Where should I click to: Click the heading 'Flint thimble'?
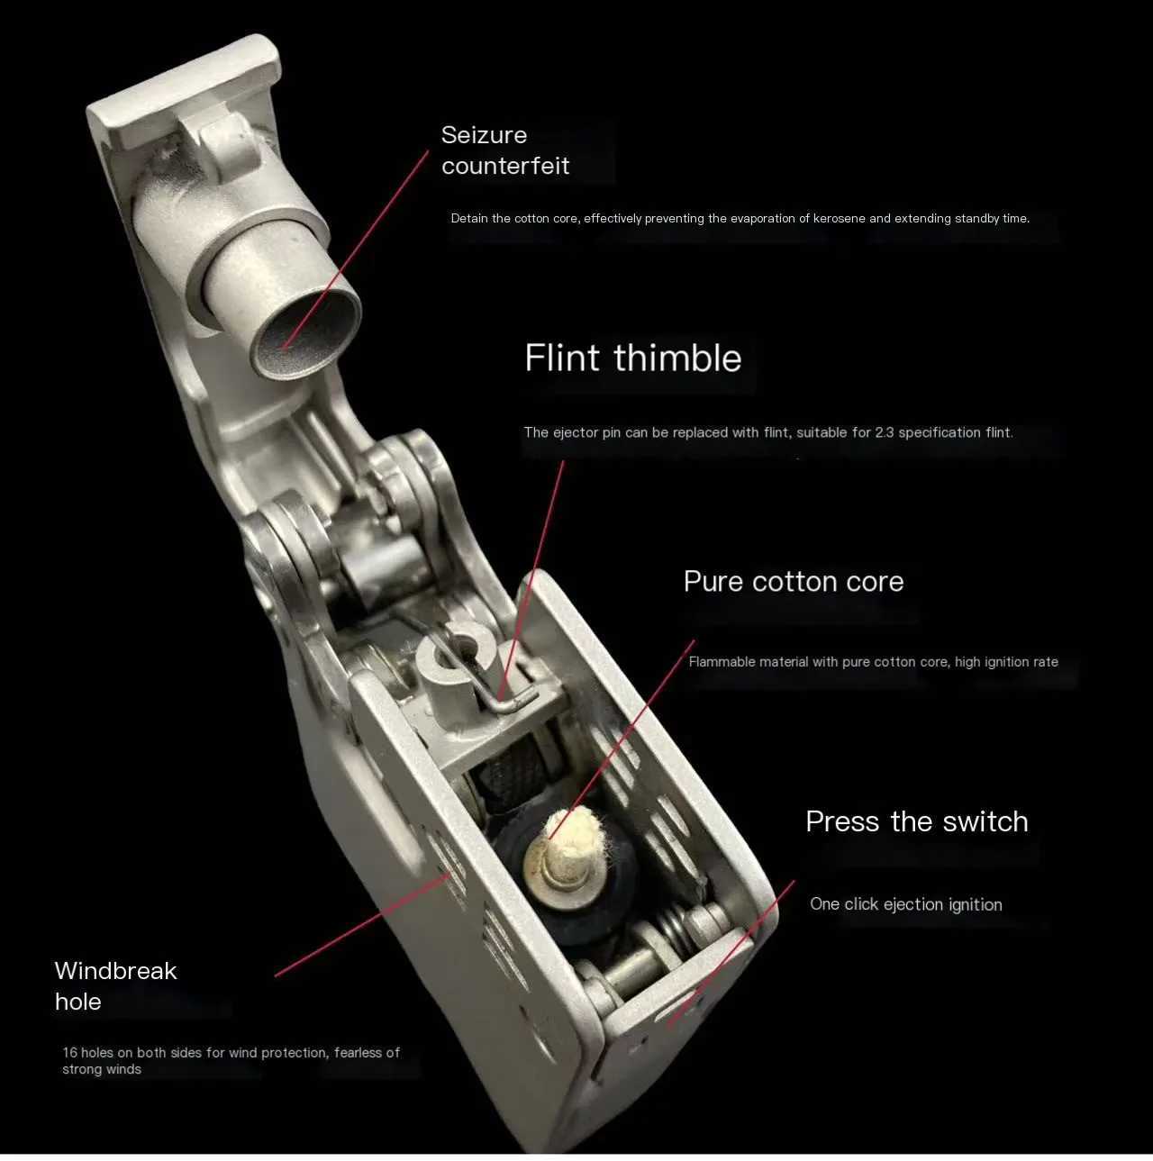[x=632, y=358]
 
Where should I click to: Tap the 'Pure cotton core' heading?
[x=793, y=582]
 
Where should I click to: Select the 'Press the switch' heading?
[x=916, y=821]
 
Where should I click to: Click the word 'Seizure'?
[x=484, y=135]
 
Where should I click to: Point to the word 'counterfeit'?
[x=505, y=166]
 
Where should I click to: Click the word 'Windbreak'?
[x=115, y=971]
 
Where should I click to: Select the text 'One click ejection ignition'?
[x=905, y=904]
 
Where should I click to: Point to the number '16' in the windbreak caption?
[x=69, y=1052]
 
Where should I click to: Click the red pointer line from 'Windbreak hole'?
[x=360, y=928]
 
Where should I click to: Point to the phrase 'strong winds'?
[x=102, y=1069]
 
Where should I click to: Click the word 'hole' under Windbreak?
[x=77, y=1002]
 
